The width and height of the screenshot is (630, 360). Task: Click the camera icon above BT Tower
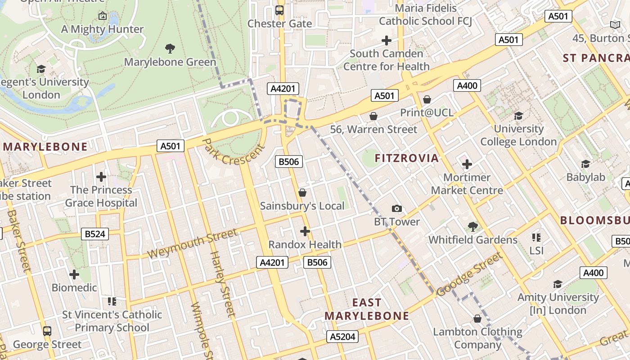point(396,208)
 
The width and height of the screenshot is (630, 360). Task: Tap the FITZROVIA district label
point(406,158)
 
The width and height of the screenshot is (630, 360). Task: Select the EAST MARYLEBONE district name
point(367,309)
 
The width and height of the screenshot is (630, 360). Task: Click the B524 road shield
point(95,234)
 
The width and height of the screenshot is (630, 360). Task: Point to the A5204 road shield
point(343,337)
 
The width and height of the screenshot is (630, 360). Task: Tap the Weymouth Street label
point(192,243)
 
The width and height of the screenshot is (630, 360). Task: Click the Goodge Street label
point(469,274)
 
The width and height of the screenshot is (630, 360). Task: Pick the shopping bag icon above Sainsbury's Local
point(302,193)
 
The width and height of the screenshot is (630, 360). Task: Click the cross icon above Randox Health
point(305,231)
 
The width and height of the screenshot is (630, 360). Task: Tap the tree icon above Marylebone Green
point(170,48)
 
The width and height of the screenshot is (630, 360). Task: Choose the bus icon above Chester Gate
point(279,10)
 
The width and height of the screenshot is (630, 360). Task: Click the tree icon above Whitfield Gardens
point(472,226)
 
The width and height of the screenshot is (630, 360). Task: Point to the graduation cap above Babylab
point(585,164)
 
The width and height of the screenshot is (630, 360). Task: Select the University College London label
point(518,135)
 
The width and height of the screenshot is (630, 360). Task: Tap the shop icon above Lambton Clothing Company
point(477,319)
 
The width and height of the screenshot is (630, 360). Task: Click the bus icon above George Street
point(47,331)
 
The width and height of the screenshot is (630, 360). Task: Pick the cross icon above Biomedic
point(74,274)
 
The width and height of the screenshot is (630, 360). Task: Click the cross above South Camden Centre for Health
point(386,40)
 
